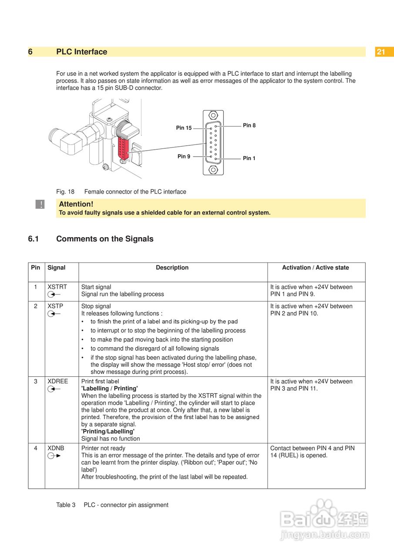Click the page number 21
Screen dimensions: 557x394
[x=381, y=52]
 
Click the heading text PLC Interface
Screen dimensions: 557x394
[x=81, y=52]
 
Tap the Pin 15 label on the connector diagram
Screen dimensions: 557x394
[x=184, y=128]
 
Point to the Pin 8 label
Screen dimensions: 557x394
[x=249, y=125]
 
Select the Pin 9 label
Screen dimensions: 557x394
[x=184, y=156]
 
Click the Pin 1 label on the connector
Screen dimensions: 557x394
[x=249, y=158]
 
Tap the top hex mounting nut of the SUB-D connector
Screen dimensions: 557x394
[x=213, y=116]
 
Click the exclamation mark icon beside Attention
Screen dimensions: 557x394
[x=40, y=205]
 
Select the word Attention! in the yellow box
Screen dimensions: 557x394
[x=76, y=204]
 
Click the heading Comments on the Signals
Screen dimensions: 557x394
[x=104, y=239]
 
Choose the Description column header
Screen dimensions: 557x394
[x=172, y=268]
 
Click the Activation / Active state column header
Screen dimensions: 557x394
[x=316, y=268]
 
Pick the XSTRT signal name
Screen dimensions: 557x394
[x=57, y=287]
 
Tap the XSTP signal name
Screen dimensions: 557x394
[x=55, y=306]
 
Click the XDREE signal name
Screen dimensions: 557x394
[x=57, y=381]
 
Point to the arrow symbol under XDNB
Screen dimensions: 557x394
[x=54, y=456]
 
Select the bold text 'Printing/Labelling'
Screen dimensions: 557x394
[x=108, y=431]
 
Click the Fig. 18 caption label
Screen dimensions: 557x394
[x=65, y=191]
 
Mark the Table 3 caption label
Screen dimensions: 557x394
[x=66, y=505]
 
